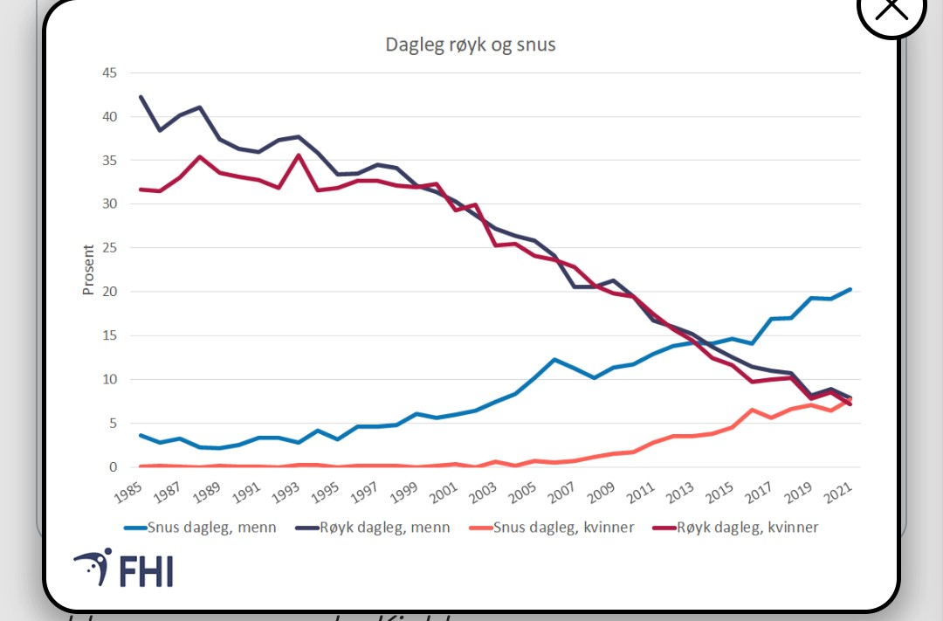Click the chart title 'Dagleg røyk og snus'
pos(470,45)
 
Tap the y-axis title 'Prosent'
pos(88,269)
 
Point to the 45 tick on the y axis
pos(108,72)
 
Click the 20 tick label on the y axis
pos(108,292)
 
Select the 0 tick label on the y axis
pos(113,467)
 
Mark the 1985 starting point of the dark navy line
pos(141,97)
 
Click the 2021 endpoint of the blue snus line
pos(850,289)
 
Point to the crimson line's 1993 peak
pos(299,155)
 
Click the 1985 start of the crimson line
pos(141,190)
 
